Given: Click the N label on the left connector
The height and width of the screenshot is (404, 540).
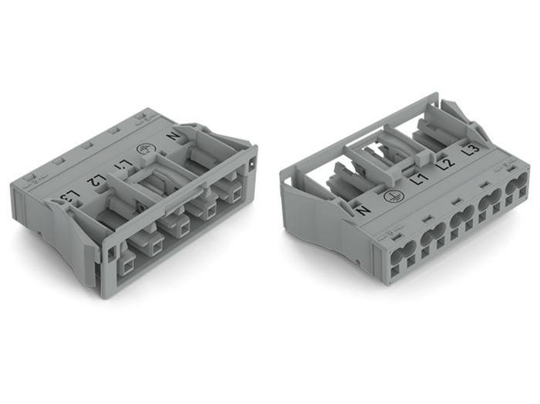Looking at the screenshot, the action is (174, 136).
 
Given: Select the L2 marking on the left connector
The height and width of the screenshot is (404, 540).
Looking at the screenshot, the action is (96, 179).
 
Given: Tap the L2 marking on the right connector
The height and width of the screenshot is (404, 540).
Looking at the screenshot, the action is (446, 164).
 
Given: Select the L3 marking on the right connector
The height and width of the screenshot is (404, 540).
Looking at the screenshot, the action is (471, 151).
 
